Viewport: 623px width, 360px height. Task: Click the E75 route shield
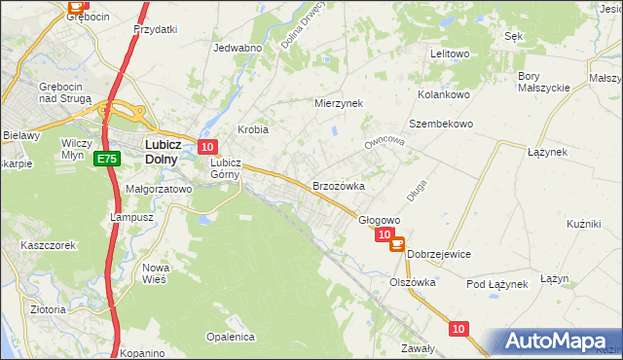tap(106, 159)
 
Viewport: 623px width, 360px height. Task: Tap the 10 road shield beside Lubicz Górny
tap(206, 147)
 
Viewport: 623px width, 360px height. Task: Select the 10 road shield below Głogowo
tap(385, 234)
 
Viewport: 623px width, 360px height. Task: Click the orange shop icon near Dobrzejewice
tap(397, 244)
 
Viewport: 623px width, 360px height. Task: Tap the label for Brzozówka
tap(338, 186)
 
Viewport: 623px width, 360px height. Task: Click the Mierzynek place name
tap(338, 102)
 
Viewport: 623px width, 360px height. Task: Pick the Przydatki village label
tap(156, 29)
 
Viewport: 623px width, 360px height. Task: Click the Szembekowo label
tap(440, 124)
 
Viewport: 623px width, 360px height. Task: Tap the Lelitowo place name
tap(450, 54)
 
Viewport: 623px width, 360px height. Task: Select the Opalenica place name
tap(230, 337)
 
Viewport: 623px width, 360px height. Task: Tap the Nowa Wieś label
tap(156, 273)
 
